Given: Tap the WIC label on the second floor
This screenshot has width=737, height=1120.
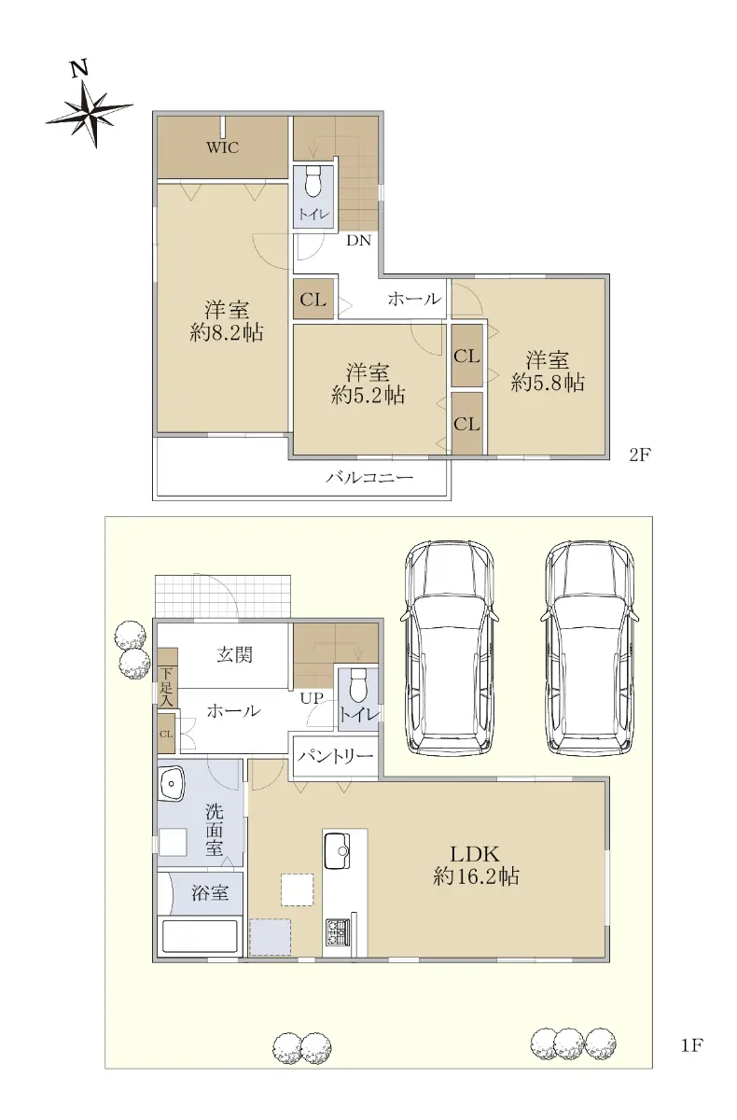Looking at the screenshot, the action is click(222, 147).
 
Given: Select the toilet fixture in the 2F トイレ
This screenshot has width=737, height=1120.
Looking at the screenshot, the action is click(313, 181).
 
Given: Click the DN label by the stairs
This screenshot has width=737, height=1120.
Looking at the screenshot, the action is click(359, 241).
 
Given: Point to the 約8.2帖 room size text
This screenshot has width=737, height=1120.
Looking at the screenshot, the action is click(227, 332).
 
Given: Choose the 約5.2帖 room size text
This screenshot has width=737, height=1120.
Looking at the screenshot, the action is click(368, 395).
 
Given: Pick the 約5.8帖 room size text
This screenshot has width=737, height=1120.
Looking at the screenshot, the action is click(548, 383).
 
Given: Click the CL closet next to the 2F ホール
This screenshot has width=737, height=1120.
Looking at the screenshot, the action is click(313, 299).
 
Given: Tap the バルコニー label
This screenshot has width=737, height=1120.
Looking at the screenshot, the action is click(369, 478).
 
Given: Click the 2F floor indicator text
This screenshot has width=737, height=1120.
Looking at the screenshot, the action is click(640, 455).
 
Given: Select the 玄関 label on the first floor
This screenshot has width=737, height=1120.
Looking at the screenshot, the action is click(234, 654).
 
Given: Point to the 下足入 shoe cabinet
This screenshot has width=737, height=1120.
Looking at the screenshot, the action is click(167, 678).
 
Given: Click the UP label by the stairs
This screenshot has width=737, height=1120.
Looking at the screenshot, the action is click(312, 698).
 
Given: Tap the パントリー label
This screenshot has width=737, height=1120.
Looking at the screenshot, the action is click(335, 757).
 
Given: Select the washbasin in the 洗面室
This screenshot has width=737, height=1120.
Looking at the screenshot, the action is click(172, 784).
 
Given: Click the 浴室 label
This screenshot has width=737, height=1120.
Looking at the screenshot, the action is click(210, 892).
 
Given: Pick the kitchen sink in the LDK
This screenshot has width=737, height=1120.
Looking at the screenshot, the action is click(338, 851).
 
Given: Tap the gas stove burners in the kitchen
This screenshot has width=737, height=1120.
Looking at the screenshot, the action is click(339, 931).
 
